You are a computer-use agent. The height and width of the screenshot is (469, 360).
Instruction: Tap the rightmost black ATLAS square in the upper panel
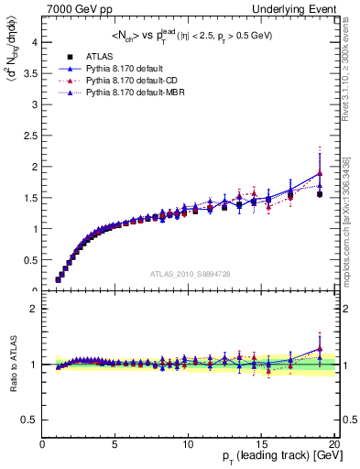coord(319,194)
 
